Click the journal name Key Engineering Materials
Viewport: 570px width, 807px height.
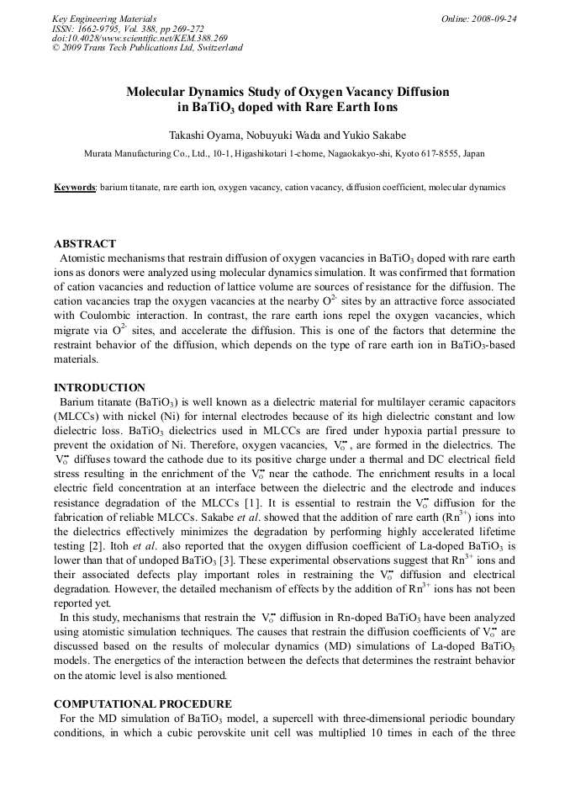103,19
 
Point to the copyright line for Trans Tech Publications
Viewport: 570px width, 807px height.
147,47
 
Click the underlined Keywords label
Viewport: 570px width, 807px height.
74,187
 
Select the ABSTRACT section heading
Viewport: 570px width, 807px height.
85,244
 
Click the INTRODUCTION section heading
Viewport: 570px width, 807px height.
99,388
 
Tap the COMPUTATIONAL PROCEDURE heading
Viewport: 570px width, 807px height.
143,703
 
